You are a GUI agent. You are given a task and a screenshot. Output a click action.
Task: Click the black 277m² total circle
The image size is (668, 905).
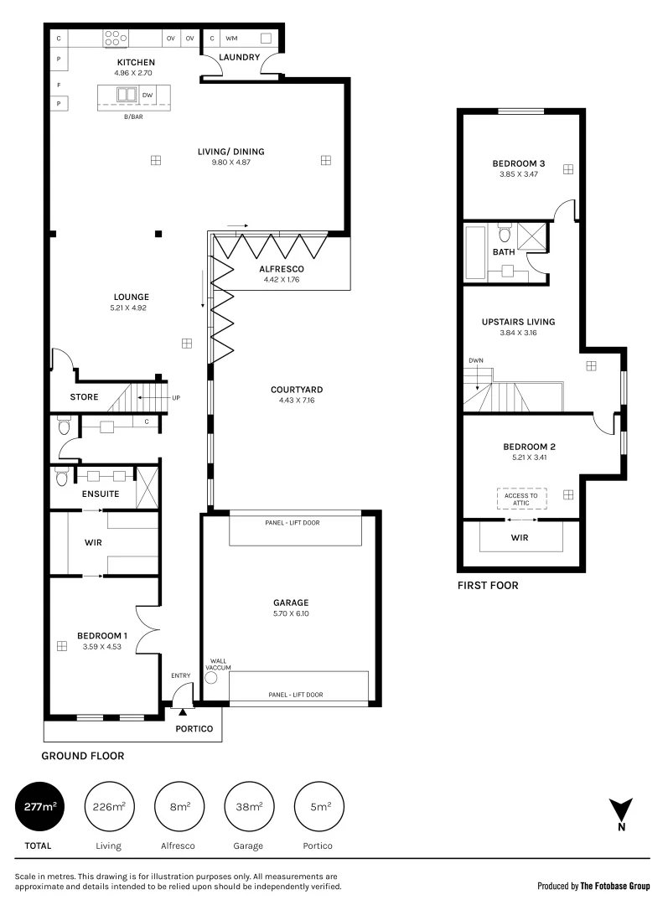click(39, 808)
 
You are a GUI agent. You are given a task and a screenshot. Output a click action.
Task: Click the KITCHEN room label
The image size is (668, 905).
click(136, 63)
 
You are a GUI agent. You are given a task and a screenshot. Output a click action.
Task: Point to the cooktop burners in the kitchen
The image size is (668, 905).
click(116, 38)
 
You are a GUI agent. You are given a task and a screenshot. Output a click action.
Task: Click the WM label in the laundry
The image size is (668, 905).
click(230, 39)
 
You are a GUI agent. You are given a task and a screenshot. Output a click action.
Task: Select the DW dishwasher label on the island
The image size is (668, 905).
click(148, 95)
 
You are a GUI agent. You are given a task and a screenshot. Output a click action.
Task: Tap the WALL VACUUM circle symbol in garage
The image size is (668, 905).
click(210, 678)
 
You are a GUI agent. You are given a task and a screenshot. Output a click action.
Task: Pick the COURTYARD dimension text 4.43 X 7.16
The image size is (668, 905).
click(297, 401)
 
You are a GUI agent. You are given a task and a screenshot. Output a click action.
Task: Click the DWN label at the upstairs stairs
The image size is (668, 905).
click(476, 361)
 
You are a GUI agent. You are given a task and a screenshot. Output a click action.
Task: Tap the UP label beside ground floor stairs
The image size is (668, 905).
click(175, 397)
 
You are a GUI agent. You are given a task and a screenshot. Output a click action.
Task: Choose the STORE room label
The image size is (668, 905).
click(84, 397)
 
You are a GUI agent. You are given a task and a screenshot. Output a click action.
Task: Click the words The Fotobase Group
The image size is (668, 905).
click(616, 885)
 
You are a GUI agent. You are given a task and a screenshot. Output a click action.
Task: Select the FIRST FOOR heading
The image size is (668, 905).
click(488, 586)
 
